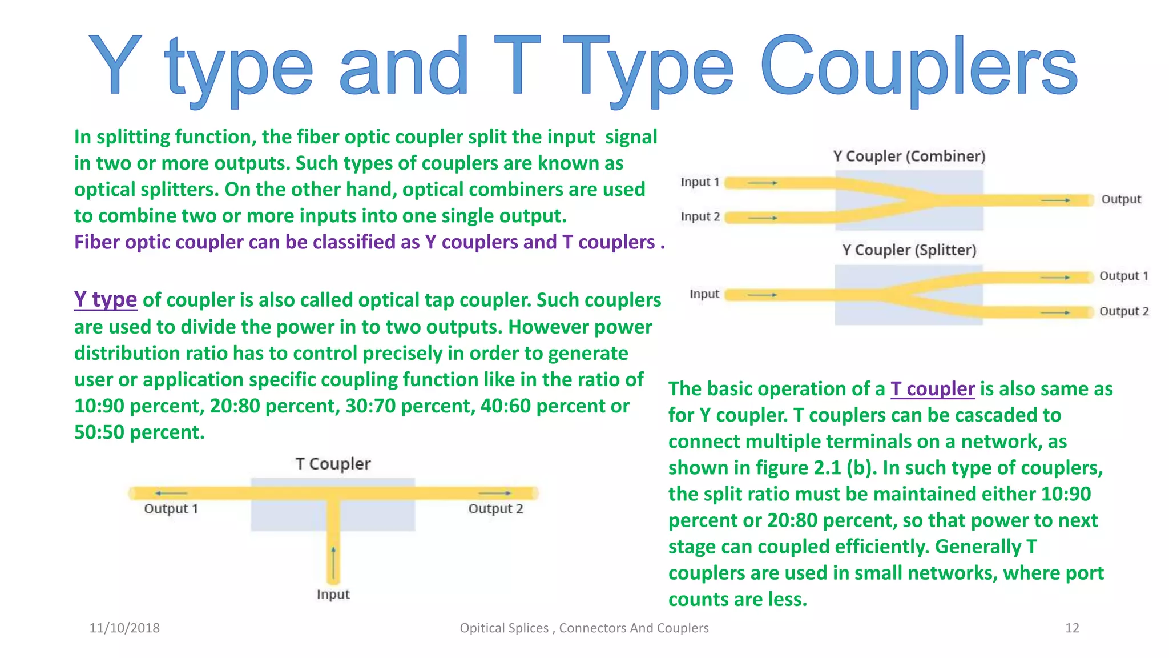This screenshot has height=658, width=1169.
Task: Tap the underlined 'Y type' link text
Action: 106,299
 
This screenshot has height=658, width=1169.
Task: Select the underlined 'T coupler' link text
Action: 932,389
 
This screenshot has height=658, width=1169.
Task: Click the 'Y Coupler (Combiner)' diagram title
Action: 909,156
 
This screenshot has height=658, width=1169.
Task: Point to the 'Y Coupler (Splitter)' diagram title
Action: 909,250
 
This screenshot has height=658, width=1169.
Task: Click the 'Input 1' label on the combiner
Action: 700,182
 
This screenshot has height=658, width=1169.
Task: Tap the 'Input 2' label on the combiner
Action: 700,217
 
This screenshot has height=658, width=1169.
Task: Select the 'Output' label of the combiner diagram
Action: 1120,199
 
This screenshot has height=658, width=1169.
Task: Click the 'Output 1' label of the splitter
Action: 1123,276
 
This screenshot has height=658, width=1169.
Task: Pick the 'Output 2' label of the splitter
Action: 1123,311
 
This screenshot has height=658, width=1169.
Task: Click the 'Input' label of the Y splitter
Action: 704,294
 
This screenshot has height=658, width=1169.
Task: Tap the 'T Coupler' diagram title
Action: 333,464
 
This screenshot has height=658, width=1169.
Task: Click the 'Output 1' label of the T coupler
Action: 171,509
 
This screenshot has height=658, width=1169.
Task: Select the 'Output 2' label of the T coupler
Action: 495,509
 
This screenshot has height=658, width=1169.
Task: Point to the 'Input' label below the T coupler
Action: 333,595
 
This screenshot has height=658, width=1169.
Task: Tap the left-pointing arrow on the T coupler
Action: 170,493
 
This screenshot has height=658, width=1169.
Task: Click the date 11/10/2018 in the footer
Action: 124,628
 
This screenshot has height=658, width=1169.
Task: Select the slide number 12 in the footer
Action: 1072,628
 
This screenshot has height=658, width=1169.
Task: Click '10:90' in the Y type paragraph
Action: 99,406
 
